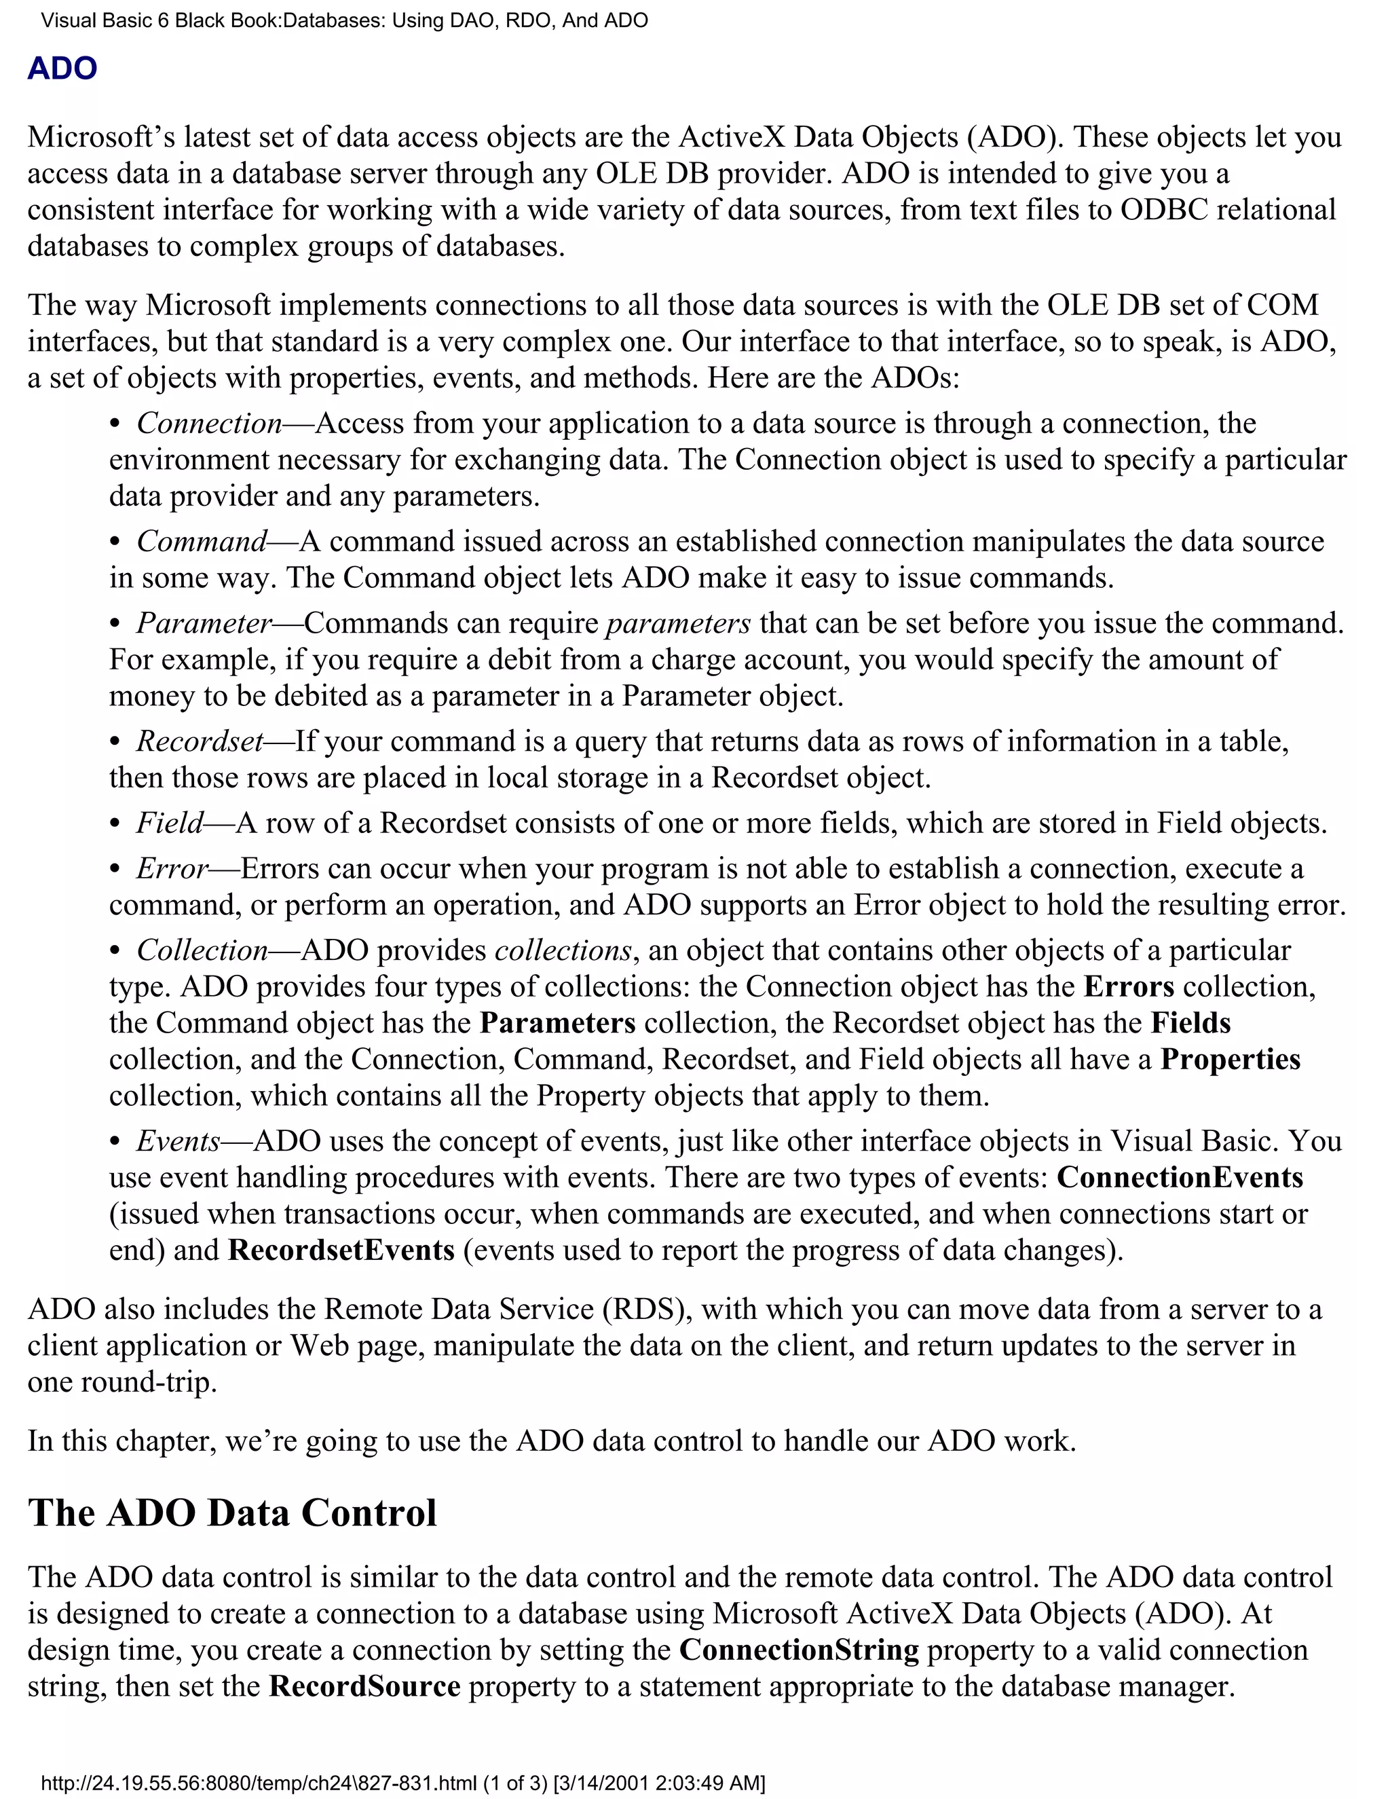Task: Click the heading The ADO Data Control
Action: click(x=232, y=1513)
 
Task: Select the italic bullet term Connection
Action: click(x=209, y=424)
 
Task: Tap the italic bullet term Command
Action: click(x=202, y=541)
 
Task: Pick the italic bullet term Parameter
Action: click(x=204, y=623)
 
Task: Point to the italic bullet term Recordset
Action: click(x=200, y=741)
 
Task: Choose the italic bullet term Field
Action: click(x=170, y=823)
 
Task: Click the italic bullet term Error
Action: click(x=173, y=868)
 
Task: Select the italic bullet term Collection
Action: click(x=202, y=950)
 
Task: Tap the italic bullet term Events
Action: click(x=179, y=1141)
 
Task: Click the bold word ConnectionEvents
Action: click(x=1179, y=1177)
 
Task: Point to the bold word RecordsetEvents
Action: click(x=341, y=1250)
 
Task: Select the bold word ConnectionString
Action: click(x=799, y=1650)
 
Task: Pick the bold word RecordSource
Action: click(x=364, y=1686)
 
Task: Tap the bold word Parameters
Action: click(x=557, y=1022)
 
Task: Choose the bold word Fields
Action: click(x=1190, y=1022)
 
